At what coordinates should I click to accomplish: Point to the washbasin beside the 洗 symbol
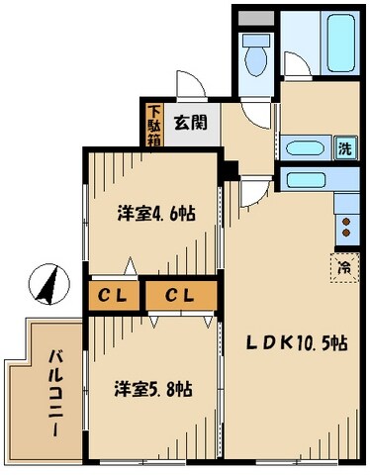[x=306, y=149]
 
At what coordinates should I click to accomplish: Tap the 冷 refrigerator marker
[x=343, y=266]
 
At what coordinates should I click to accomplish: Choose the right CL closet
[x=179, y=295]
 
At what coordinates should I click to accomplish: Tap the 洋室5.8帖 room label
[x=149, y=389]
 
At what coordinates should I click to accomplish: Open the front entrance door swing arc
[x=188, y=86]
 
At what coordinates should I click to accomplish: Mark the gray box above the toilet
[x=256, y=19]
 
